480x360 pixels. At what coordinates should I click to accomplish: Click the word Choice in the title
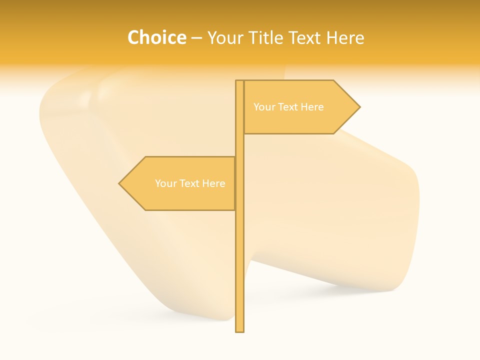(156, 37)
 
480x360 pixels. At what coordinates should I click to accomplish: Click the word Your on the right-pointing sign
(264, 107)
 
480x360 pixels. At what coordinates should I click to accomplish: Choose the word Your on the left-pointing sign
(165, 183)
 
